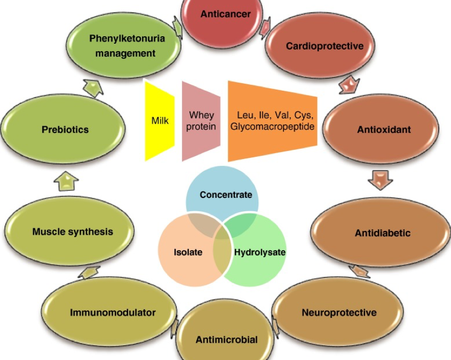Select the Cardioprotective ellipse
[325, 46]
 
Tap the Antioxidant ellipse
[376, 130]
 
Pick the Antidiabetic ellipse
[382, 233]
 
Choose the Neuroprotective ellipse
[339, 312]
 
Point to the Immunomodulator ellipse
[113, 312]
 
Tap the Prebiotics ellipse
[65, 130]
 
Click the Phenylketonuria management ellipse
[126, 46]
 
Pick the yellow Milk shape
[160, 121]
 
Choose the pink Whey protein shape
[201, 121]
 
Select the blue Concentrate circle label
[226, 195]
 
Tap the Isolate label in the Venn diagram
[188, 252]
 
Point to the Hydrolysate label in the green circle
[260, 252]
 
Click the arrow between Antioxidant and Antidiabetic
[380, 180]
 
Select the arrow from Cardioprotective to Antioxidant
[349, 84]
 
